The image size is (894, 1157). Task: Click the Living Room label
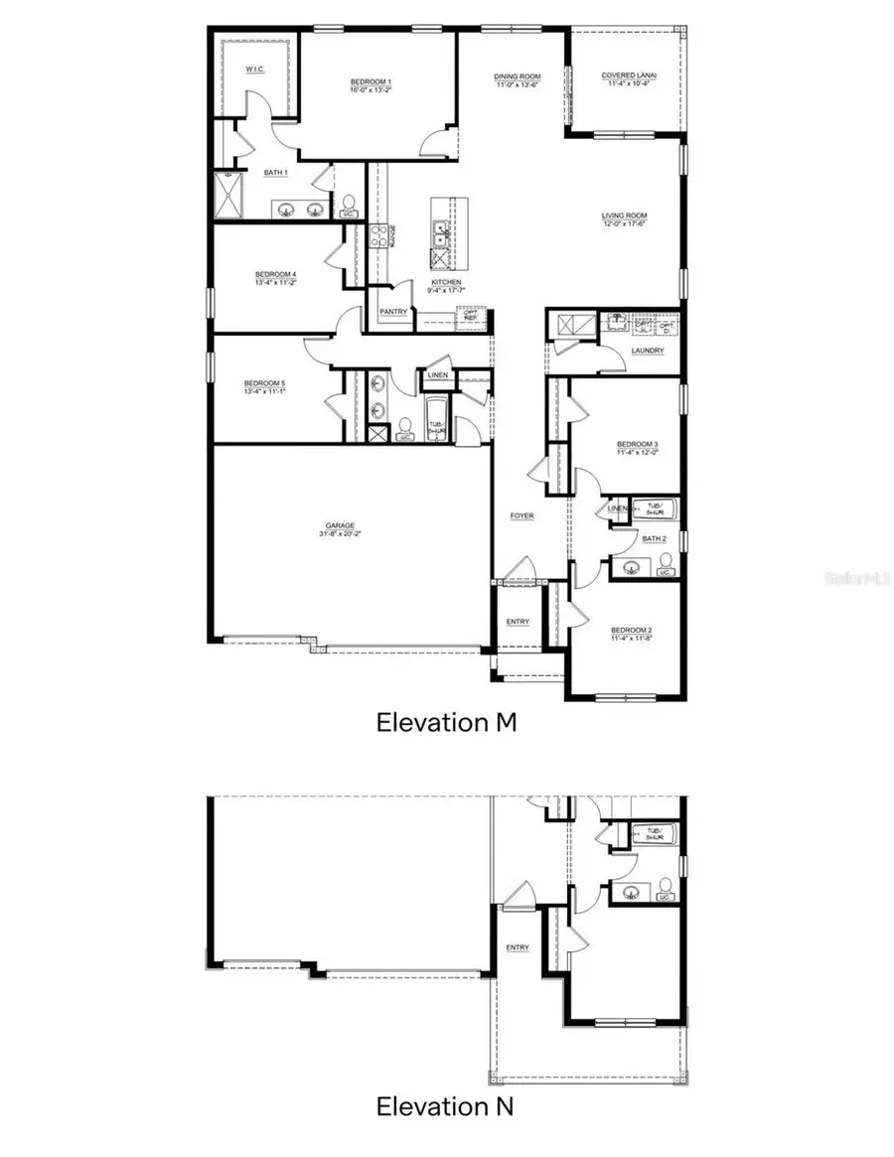pyautogui.click(x=624, y=216)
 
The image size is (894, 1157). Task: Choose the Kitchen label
pyautogui.click(x=446, y=282)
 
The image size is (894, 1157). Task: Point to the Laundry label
pyautogui.click(x=647, y=351)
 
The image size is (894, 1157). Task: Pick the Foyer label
pyautogui.click(x=521, y=515)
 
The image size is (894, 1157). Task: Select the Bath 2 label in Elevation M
pyautogui.click(x=653, y=538)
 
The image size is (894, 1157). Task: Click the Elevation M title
pyautogui.click(x=446, y=722)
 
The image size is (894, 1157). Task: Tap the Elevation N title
pyautogui.click(x=446, y=1105)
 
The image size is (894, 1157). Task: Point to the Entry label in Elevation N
pyautogui.click(x=517, y=947)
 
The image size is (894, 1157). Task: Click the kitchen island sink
pyautogui.click(x=439, y=234)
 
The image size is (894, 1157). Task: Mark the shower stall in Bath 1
pyautogui.click(x=228, y=196)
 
